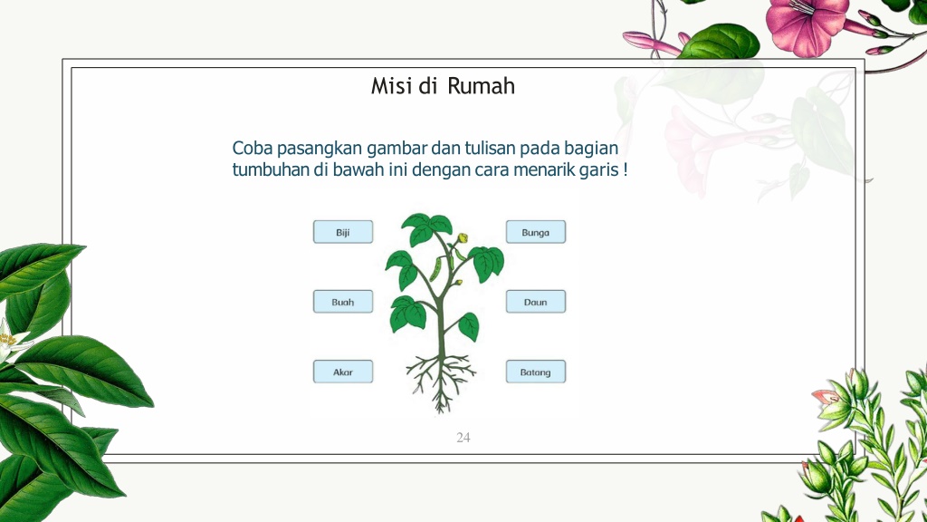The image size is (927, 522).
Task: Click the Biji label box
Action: point(343,232)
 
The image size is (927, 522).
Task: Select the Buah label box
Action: point(343,302)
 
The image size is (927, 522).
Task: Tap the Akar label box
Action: point(343,372)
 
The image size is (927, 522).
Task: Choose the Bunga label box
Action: point(536,232)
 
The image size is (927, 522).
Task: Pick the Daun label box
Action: point(536,302)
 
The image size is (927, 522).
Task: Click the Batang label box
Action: point(536,372)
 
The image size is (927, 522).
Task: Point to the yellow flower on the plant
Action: point(463,238)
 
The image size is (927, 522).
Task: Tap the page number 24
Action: point(463,438)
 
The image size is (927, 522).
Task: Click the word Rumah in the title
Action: point(481,86)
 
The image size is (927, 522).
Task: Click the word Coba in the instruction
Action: point(253,148)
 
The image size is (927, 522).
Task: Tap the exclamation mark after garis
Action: point(626,169)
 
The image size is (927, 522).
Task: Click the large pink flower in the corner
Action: point(805,24)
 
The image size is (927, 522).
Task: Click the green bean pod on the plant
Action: point(436,270)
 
